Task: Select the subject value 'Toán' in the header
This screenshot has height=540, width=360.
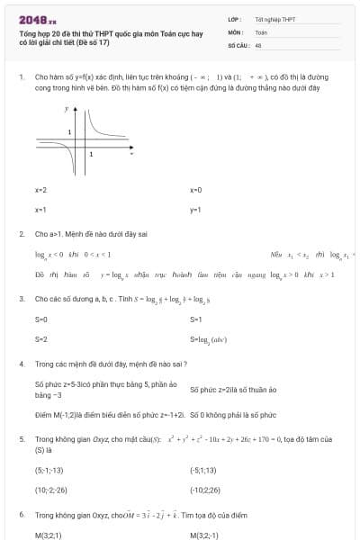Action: click(x=261, y=31)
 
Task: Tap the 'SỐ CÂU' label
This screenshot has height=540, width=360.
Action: click(x=238, y=44)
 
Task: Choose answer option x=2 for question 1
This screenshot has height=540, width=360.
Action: click(x=40, y=190)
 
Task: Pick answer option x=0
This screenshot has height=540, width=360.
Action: click(x=195, y=190)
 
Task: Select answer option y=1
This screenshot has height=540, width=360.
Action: click(x=195, y=210)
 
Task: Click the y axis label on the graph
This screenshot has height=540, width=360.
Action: click(x=67, y=108)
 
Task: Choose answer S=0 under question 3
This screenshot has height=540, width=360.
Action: click(x=40, y=319)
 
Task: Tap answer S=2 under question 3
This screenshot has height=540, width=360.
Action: click(x=40, y=339)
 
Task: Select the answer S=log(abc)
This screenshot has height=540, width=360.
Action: click(x=208, y=339)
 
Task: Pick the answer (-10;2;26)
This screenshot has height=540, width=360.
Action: click(x=204, y=490)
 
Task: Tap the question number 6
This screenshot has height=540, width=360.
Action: click(x=21, y=514)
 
